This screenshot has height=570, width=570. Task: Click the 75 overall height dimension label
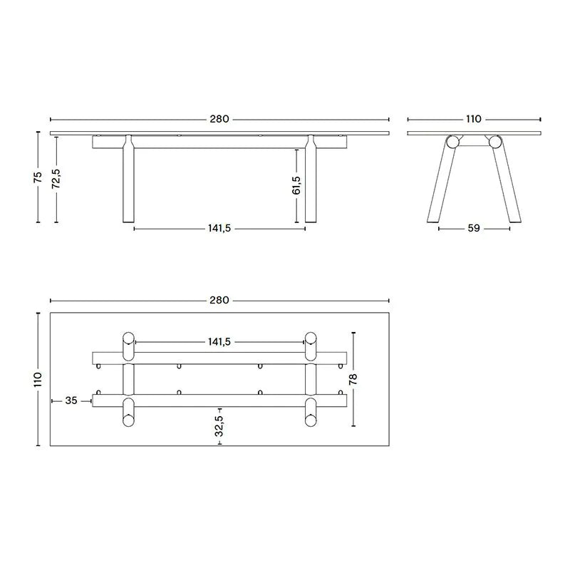[x=38, y=177]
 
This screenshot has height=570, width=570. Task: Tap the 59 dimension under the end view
[x=474, y=229]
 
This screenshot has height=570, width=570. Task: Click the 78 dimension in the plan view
[x=354, y=378]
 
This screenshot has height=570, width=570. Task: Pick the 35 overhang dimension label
[x=71, y=401]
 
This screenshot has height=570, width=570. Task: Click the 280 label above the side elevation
[x=219, y=119]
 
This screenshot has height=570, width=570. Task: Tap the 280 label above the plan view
[x=219, y=300]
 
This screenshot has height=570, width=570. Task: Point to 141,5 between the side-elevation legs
[x=219, y=229]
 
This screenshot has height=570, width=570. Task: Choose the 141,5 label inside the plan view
[x=219, y=342]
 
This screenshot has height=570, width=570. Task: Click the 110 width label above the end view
[x=474, y=119]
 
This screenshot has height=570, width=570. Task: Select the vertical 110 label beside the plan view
[x=38, y=378]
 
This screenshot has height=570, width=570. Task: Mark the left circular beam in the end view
[x=452, y=142]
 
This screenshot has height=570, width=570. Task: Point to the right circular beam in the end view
[x=495, y=142]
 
